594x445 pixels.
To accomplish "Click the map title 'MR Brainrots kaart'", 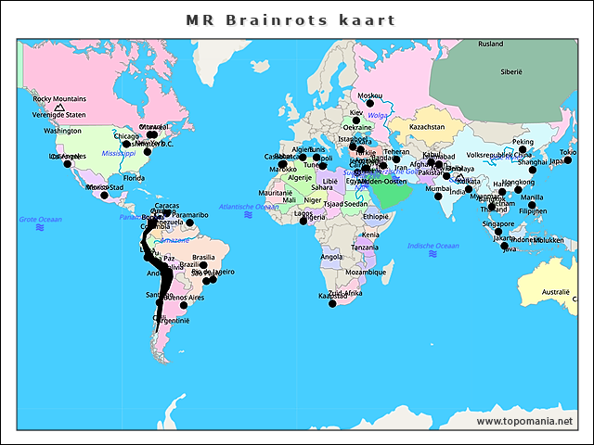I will (x=291, y=19).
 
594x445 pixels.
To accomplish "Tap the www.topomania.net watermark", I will (x=524, y=421).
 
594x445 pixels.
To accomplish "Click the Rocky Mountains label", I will (x=59, y=98).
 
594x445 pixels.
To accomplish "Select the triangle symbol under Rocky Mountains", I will (x=59, y=108).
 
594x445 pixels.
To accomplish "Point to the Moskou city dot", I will (x=368, y=103).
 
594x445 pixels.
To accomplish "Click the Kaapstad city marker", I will (x=333, y=303).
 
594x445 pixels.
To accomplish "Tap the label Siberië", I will (x=512, y=70).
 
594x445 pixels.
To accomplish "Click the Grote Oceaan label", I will (x=41, y=219).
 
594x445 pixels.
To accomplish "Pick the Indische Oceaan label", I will (x=433, y=246).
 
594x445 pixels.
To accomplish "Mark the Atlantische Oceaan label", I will (x=248, y=205).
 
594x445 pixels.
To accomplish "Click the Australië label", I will (x=556, y=292).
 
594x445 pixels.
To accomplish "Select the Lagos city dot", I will (x=303, y=221).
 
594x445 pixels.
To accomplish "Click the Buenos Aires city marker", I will (x=184, y=305).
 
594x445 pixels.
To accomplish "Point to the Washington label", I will (x=63, y=131).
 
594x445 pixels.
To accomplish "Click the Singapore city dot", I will (x=498, y=231).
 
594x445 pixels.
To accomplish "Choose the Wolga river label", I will (x=379, y=115).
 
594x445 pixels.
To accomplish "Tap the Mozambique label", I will (x=365, y=273).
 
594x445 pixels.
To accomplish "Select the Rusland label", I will (x=491, y=44).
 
